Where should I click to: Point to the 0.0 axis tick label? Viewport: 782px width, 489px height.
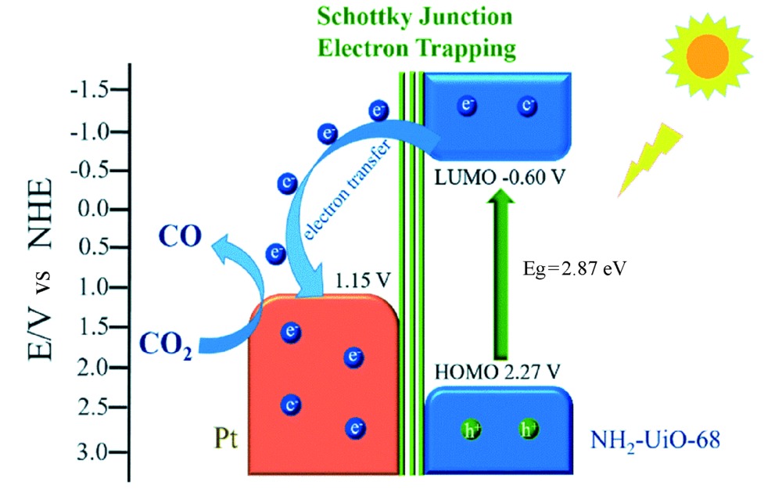click(94, 210)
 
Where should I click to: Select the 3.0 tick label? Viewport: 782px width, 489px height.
click(94, 453)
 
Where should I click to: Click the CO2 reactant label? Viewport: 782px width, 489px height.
click(164, 343)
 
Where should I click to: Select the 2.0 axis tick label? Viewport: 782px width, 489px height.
click(94, 367)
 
